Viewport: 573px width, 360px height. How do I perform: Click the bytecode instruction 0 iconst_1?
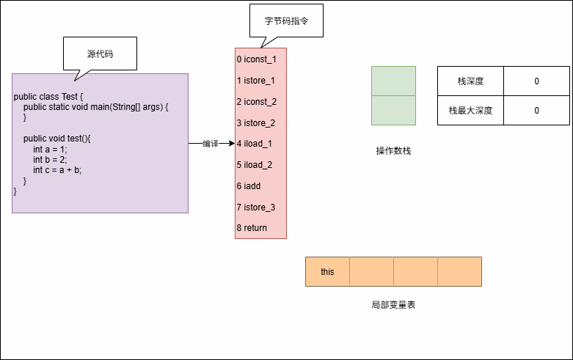coord(256,59)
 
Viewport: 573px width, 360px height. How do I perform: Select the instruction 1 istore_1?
coord(255,81)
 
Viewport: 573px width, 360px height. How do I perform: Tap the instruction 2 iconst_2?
coord(256,102)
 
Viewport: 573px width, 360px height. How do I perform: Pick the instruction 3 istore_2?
coord(255,123)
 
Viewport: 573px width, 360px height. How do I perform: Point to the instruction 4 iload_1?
coord(254,144)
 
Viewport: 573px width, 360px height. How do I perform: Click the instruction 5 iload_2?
coord(254,165)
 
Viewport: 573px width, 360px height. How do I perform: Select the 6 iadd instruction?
coord(249,186)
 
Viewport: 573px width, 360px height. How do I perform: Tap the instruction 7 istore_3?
coord(255,207)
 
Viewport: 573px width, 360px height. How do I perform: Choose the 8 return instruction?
coord(252,228)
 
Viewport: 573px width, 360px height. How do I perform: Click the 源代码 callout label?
coord(100,54)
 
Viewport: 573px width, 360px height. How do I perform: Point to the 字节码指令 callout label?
coord(286,22)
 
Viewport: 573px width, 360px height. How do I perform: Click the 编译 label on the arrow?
coord(211,144)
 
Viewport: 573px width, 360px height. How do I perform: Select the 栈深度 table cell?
coord(470,81)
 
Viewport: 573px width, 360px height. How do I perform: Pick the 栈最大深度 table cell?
coord(470,111)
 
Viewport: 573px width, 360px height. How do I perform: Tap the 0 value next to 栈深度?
coord(536,81)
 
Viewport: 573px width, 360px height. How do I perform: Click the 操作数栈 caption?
coord(393,151)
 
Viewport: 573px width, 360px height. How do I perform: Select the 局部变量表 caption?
coord(393,304)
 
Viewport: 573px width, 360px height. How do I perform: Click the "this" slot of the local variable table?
coord(327,272)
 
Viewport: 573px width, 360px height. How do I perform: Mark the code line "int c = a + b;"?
coord(57,170)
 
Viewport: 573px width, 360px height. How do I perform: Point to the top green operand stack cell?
coord(393,81)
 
